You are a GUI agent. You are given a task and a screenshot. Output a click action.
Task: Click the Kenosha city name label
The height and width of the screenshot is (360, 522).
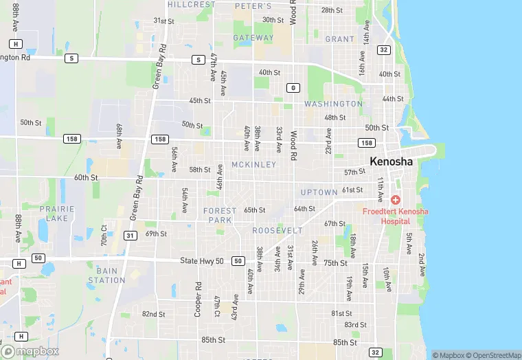[x=391, y=161]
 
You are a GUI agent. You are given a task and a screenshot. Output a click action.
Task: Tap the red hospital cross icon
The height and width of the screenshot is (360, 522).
[x=396, y=200]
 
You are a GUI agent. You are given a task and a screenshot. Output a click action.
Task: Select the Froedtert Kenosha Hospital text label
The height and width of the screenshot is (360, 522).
[x=395, y=216]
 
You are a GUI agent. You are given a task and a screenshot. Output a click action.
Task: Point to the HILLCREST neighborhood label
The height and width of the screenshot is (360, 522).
[x=192, y=4]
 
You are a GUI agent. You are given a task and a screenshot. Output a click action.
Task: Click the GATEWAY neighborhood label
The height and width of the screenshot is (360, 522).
[x=253, y=38]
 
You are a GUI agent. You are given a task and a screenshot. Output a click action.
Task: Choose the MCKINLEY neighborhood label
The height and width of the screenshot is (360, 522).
[x=253, y=165]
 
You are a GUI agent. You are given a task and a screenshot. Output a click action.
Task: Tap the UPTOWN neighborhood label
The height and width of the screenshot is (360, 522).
[x=319, y=192]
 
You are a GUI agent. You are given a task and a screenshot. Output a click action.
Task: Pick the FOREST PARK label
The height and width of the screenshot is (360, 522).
[x=220, y=215]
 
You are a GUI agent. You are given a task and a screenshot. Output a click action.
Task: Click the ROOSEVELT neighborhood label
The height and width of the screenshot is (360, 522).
[x=277, y=231]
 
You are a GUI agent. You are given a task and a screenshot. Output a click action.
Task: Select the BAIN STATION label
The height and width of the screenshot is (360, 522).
[x=106, y=275]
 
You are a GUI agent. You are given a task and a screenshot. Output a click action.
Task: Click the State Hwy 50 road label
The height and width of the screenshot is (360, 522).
[x=202, y=261]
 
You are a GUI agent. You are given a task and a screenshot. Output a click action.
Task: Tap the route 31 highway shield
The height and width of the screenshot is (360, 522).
[x=129, y=236]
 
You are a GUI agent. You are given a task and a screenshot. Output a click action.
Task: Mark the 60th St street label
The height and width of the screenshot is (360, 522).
[x=86, y=177]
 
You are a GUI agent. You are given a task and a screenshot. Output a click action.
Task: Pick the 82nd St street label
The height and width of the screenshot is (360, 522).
[x=153, y=314]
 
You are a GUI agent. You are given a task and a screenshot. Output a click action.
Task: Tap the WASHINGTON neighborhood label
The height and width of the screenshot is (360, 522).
[x=333, y=104]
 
